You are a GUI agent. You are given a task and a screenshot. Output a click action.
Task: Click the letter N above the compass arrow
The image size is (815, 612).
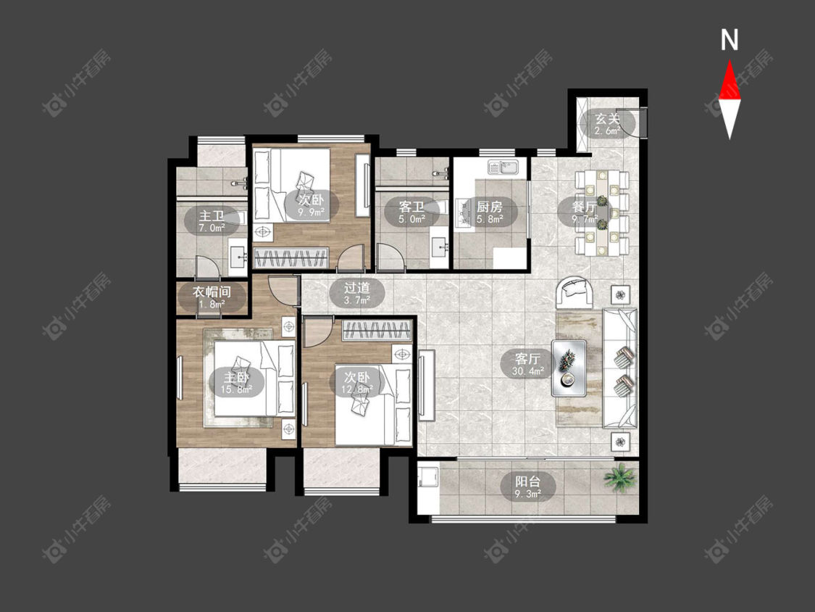pos(730,40)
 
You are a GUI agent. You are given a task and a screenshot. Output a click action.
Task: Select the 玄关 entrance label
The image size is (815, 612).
pos(608,119)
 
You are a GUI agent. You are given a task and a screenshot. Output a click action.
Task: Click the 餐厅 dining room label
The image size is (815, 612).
pos(583,207)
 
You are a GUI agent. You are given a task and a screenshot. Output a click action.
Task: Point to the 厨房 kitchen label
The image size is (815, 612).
pos(490,207)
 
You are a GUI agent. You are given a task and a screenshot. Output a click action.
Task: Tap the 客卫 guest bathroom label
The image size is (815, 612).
pos(411,207)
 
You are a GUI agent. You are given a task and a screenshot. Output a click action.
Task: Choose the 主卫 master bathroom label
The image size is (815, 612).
pos(212,215)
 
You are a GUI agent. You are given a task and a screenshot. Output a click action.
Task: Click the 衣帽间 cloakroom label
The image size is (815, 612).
pos(212,291)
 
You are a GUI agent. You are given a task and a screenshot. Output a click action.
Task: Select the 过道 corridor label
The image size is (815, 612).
pos(357,287)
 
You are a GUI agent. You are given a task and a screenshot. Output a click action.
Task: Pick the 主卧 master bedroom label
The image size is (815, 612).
pos(236,377)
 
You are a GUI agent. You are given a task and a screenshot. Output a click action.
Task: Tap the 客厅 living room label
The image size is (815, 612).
pos(527,358)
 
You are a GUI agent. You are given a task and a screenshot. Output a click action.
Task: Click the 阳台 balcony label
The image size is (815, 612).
pos(527,481)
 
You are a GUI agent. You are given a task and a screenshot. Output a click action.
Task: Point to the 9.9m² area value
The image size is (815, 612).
pos(312,211)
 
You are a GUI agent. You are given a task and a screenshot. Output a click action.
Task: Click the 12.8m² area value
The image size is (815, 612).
pos(357,389)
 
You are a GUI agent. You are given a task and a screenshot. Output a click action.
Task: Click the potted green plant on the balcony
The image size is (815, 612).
pos(619,477)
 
